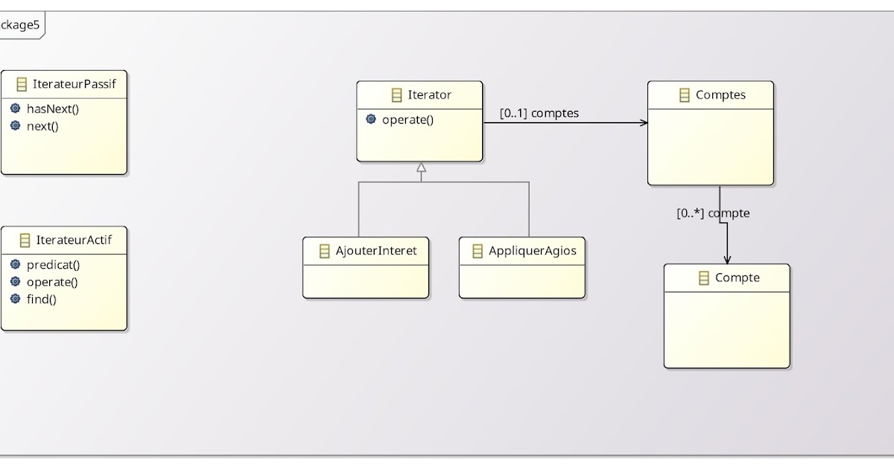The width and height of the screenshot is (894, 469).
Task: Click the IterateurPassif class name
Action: [x=74, y=84]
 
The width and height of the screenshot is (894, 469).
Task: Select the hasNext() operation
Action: [x=52, y=109]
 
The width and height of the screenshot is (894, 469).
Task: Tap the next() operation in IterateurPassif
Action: [x=42, y=126]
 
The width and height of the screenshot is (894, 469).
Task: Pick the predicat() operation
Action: [x=53, y=264]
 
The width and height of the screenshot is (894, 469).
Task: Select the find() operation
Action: [x=42, y=299]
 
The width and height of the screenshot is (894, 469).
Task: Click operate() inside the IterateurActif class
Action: [x=52, y=281]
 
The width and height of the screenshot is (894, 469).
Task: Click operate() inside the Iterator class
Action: [x=408, y=119]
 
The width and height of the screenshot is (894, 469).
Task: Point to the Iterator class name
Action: [x=429, y=95]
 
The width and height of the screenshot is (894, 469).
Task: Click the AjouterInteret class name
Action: [x=376, y=251]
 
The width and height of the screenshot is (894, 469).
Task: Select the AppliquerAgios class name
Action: [x=532, y=251]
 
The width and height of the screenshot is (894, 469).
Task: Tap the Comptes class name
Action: [x=720, y=95]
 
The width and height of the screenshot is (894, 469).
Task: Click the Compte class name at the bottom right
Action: [x=737, y=278]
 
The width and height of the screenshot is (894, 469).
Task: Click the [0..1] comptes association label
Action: [x=539, y=114]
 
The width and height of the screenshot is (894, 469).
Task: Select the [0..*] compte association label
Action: [x=712, y=214]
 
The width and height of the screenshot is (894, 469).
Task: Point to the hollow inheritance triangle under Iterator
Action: [x=421, y=167]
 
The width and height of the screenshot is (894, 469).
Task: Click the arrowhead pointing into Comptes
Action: [x=644, y=122]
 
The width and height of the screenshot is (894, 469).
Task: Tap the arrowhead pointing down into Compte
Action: [x=727, y=259]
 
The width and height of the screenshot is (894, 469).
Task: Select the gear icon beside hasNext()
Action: [x=16, y=109]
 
